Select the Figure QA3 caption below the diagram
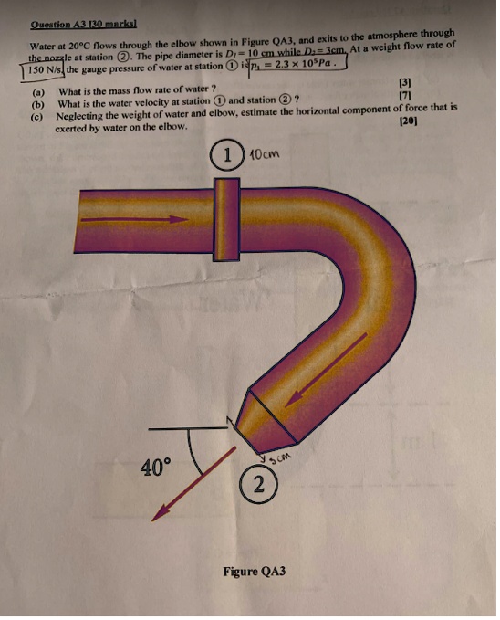pos(254,572)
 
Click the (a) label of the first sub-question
pos(37,91)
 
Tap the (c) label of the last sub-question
pos(37,116)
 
